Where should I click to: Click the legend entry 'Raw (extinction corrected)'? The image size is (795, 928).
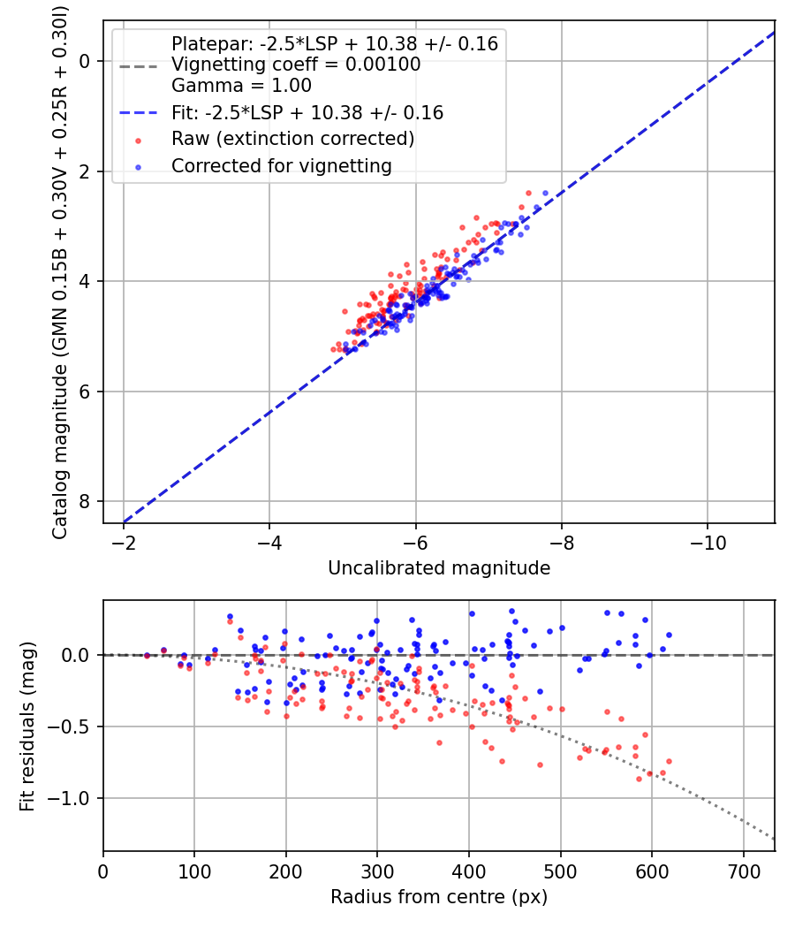tap(292, 139)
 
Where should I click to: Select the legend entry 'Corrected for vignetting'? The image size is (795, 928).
tap(281, 165)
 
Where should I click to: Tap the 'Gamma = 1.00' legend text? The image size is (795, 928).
tap(241, 86)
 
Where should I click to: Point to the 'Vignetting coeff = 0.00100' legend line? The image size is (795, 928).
tap(296, 65)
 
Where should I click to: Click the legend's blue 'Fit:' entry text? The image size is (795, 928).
tap(307, 112)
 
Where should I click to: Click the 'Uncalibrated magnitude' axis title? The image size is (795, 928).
tap(439, 567)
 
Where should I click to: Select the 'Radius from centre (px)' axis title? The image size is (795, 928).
tap(439, 897)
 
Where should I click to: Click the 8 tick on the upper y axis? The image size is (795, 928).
tap(85, 501)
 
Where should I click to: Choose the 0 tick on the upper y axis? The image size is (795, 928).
tap(85, 61)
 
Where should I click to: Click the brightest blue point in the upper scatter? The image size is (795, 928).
tap(545, 193)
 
